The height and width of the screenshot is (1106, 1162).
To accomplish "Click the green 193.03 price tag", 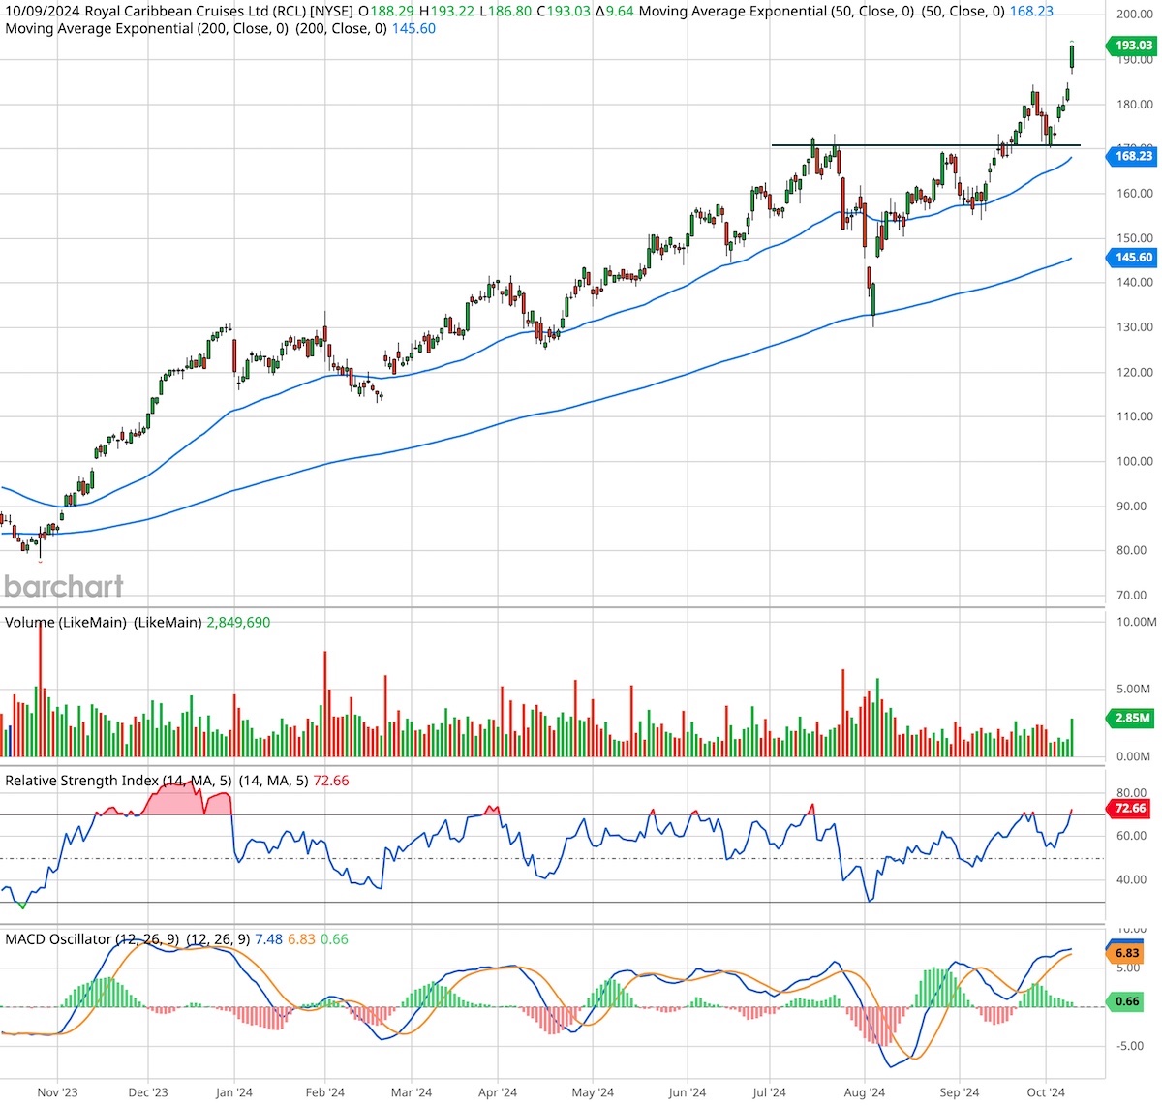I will [1131, 46].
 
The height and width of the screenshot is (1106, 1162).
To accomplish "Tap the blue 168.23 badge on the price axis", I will [1131, 156].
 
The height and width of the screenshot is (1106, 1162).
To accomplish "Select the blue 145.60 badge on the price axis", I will [1131, 258].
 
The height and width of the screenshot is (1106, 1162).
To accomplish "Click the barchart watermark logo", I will [64, 586].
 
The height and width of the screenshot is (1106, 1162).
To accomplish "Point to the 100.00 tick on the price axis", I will [1134, 462].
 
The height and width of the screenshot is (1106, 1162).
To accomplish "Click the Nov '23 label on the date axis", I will [57, 1092].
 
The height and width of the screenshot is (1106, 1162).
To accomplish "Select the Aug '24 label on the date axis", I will [864, 1092].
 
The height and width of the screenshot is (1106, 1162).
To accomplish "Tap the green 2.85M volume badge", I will [1131, 718].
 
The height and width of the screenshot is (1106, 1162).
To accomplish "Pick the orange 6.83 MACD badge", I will [1128, 954].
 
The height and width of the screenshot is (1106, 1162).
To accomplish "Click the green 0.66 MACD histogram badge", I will [1128, 1001].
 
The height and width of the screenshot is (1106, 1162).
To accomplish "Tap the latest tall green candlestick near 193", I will [1072, 56].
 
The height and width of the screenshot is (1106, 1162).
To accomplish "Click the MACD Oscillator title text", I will [58, 939].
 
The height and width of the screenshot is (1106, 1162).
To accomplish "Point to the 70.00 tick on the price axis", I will [1134, 596].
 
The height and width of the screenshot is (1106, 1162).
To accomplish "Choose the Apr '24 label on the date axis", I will [497, 1092].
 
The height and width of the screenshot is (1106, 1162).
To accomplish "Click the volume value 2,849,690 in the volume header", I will [237, 622].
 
